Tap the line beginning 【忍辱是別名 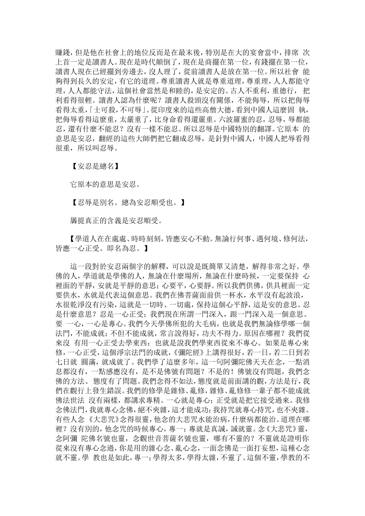tap(129, 202)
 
